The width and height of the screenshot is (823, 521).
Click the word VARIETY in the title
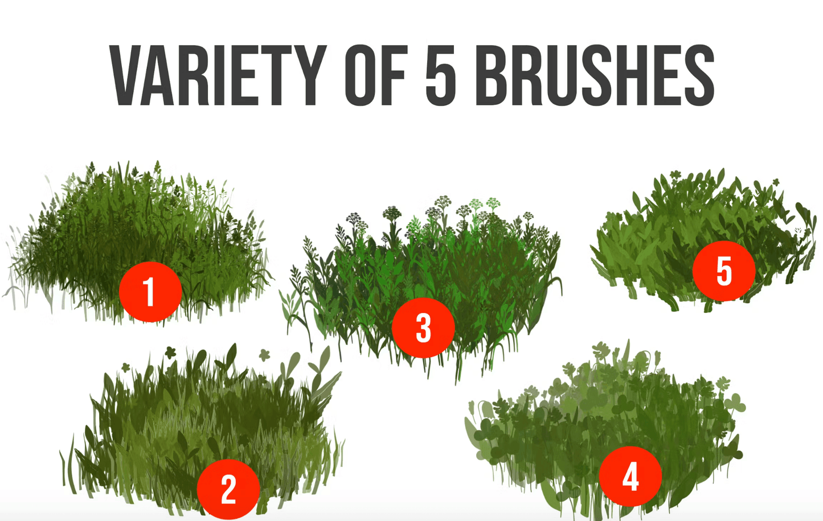click(219, 75)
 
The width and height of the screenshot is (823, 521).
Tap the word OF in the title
click(376, 75)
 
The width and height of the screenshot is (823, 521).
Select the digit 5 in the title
click(441, 75)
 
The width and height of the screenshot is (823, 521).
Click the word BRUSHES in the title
click(595, 75)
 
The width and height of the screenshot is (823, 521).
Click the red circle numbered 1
click(150, 292)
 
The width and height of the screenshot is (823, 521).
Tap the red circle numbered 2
click(228, 489)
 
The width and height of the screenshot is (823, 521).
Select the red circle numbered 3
click(423, 328)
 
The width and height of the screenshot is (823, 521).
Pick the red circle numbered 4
click(630, 477)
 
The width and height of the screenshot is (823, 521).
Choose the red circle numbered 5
click(724, 271)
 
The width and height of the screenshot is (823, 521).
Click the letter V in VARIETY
click(126, 75)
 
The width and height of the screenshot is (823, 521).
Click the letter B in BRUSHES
click(492, 75)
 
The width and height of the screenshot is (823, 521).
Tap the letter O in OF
click(361, 75)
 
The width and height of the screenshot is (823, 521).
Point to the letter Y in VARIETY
click(310, 75)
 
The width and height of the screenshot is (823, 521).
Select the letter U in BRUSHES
click(562, 75)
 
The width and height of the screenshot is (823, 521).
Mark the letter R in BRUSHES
click(527, 75)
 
